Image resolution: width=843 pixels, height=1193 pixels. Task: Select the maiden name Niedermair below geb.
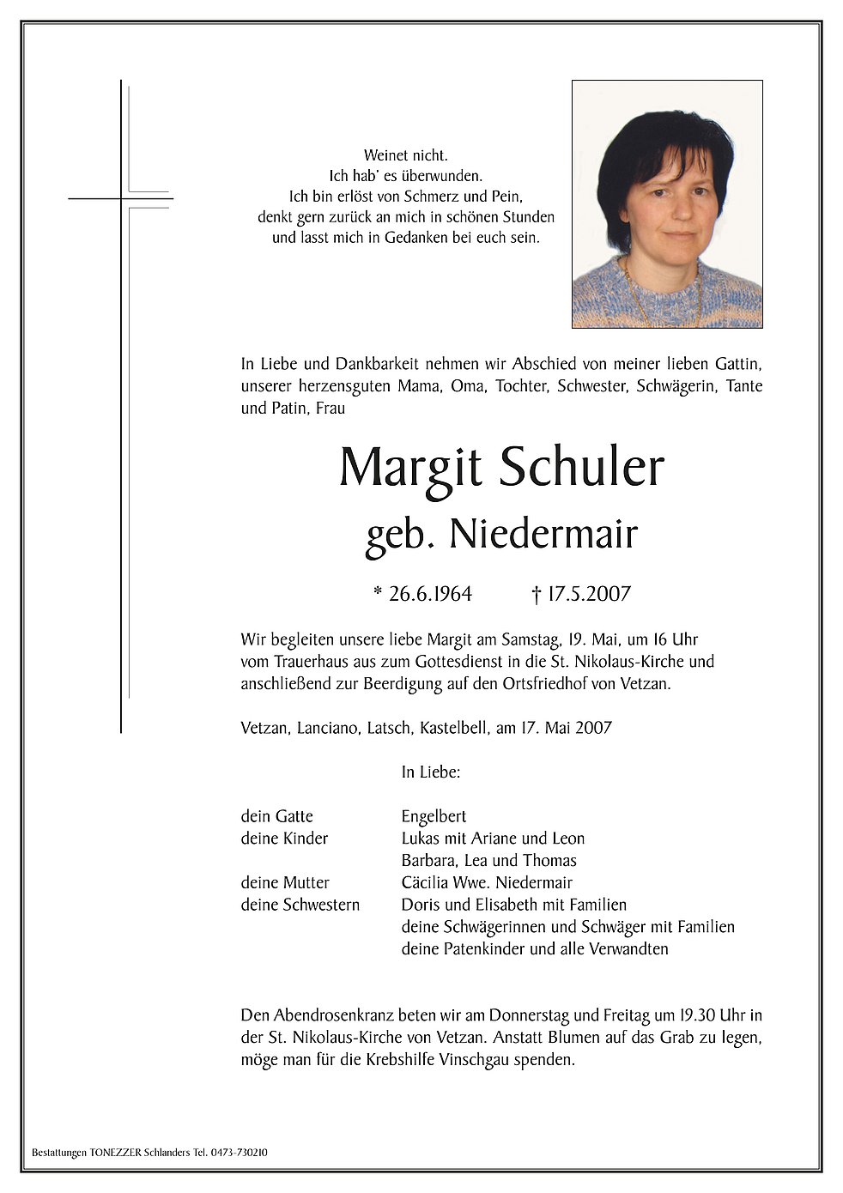[543, 535]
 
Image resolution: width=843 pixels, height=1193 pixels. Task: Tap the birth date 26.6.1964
[429, 594]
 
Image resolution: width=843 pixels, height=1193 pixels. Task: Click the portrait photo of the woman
[667, 204]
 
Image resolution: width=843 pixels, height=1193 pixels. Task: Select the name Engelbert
[434, 816]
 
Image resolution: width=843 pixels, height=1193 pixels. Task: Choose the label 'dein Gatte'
[276, 816]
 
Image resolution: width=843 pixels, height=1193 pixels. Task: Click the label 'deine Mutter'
[285, 882]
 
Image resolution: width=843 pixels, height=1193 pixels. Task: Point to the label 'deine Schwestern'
[300, 905]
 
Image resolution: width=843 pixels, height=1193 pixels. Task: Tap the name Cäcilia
[426, 882]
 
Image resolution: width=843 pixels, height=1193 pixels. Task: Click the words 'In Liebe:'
[431, 772]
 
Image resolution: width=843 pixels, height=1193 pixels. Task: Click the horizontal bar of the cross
[120, 199]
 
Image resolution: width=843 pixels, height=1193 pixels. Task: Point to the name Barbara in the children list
[429, 860]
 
